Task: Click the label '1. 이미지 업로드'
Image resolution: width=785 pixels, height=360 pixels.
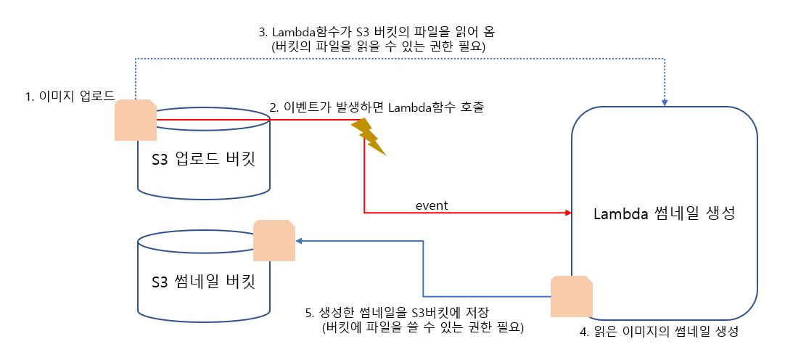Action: coord(71,96)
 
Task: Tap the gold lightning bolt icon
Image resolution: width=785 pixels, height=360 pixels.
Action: coord(369,137)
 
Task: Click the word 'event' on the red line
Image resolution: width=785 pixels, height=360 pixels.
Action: coord(432,205)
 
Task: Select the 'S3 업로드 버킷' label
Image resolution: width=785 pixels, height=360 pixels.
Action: coord(203,160)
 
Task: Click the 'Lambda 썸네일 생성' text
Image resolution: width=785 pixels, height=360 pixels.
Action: coord(665,214)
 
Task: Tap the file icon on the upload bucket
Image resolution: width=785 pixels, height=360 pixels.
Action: coord(136,120)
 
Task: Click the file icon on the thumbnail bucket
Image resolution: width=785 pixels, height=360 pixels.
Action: coord(274,240)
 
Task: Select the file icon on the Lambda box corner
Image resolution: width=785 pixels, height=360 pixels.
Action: coord(572,296)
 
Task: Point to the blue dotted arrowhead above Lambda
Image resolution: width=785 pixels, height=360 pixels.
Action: coord(665,103)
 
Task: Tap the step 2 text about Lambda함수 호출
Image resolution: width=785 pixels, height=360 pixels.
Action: coord(377,107)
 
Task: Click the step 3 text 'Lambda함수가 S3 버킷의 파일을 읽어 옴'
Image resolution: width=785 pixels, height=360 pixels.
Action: coord(377,32)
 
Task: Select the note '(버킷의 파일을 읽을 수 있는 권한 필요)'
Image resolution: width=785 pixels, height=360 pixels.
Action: coord(377,46)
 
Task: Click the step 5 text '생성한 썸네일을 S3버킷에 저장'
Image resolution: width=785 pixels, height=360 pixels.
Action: coord(397,313)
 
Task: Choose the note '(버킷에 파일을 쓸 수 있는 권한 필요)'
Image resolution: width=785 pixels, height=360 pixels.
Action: coord(423,327)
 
